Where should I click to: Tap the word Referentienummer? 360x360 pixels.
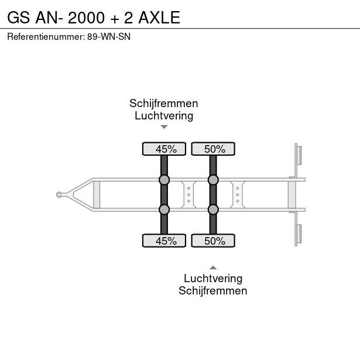tap(46, 37)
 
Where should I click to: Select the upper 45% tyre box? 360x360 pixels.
tap(164, 149)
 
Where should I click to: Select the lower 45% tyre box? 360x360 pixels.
tap(164, 241)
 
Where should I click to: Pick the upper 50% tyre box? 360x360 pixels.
tap(213, 149)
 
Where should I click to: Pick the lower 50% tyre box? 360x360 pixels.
tap(213, 241)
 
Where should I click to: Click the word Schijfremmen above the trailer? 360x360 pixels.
tap(164, 104)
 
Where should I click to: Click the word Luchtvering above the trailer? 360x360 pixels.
tap(164, 115)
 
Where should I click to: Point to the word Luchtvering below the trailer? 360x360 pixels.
tap(213, 279)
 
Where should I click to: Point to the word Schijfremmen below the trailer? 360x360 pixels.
tap(213, 290)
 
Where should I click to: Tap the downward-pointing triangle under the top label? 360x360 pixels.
tap(164, 126)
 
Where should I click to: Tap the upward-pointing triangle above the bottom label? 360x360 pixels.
tap(213, 268)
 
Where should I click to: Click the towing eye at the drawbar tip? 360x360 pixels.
tap(60, 194)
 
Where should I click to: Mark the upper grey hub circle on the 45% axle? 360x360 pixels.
tap(164, 179)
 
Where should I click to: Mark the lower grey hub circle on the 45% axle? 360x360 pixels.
tap(164, 210)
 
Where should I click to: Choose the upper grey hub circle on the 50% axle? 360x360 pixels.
tap(213, 179)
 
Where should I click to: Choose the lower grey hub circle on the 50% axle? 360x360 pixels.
tap(213, 210)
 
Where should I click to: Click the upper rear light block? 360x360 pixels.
tap(298, 155)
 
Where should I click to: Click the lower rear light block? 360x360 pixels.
tap(298, 233)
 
